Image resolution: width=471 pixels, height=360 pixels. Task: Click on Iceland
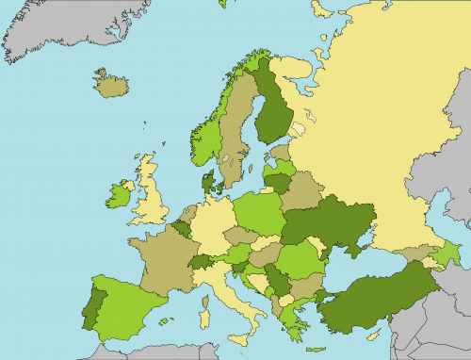point(112,86)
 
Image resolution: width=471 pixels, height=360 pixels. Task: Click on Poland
point(258,213)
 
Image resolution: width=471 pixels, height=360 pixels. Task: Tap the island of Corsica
point(206,286)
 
